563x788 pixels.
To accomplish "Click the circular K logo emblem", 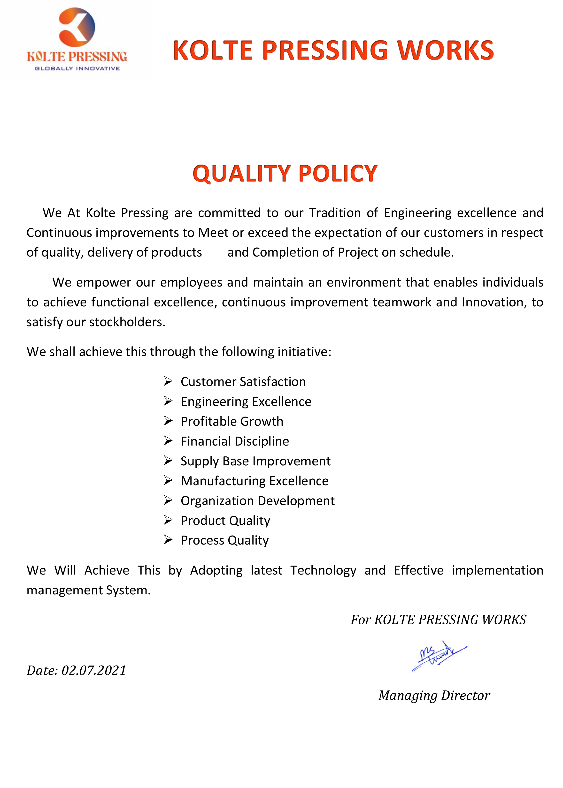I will (x=77, y=27).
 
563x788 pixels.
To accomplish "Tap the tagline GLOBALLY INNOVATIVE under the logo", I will (x=77, y=69).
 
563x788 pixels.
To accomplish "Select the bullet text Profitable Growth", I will (x=232, y=421).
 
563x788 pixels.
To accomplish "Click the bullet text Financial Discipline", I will (x=235, y=441).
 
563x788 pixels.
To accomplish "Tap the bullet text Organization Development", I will (x=258, y=501).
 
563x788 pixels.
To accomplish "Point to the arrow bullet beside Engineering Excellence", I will (x=168, y=401).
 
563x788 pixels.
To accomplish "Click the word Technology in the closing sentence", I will (x=323, y=570).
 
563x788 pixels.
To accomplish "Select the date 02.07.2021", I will (x=94, y=671).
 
